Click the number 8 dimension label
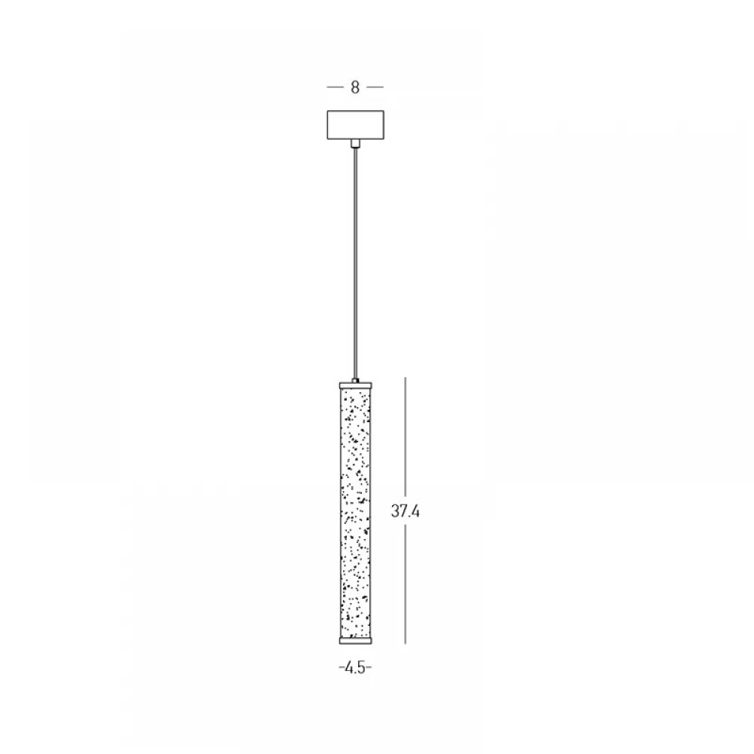coord(355,87)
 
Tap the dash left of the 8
coord(336,87)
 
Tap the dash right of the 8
coord(375,87)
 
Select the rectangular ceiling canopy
coord(355,125)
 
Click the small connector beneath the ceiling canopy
coord(355,143)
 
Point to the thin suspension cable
coord(355,262)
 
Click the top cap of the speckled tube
coord(355,385)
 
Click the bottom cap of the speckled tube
coord(355,640)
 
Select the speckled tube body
coord(355,513)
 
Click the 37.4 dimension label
coord(405,511)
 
